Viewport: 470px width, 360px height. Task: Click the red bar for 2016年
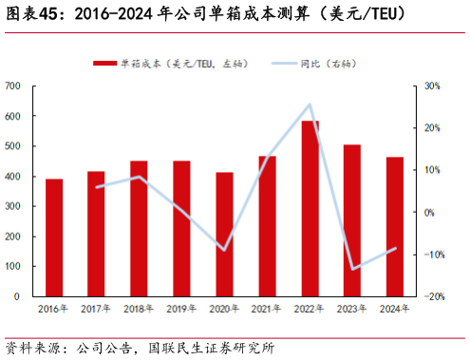tap(54, 237)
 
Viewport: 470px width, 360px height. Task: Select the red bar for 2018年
tap(139, 228)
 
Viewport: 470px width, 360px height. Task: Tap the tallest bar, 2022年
tap(310, 208)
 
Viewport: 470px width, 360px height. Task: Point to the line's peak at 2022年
tap(310, 104)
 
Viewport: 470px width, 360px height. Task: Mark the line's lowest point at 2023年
tap(352, 269)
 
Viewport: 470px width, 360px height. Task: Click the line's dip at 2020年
tap(224, 250)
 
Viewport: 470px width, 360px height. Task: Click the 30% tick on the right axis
tap(430, 86)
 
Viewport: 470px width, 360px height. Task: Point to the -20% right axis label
tap(432, 296)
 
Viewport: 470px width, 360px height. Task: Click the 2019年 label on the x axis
tap(180, 309)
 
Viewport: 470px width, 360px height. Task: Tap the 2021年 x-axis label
tap(267, 309)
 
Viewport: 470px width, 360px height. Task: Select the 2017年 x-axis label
tap(96, 309)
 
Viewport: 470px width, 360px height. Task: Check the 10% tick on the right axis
tap(430, 170)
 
